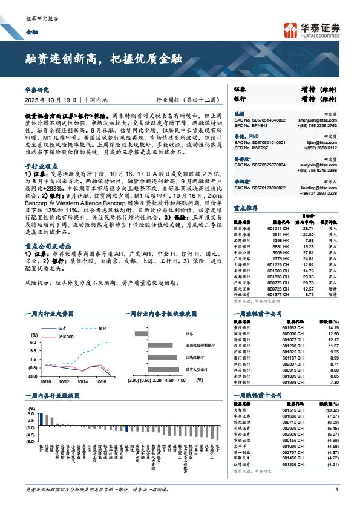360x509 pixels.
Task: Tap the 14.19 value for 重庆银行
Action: click(x=333, y=327)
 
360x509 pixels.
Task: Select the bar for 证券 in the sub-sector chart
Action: click(x=142, y=333)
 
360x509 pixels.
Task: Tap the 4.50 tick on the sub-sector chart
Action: click(x=166, y=382)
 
